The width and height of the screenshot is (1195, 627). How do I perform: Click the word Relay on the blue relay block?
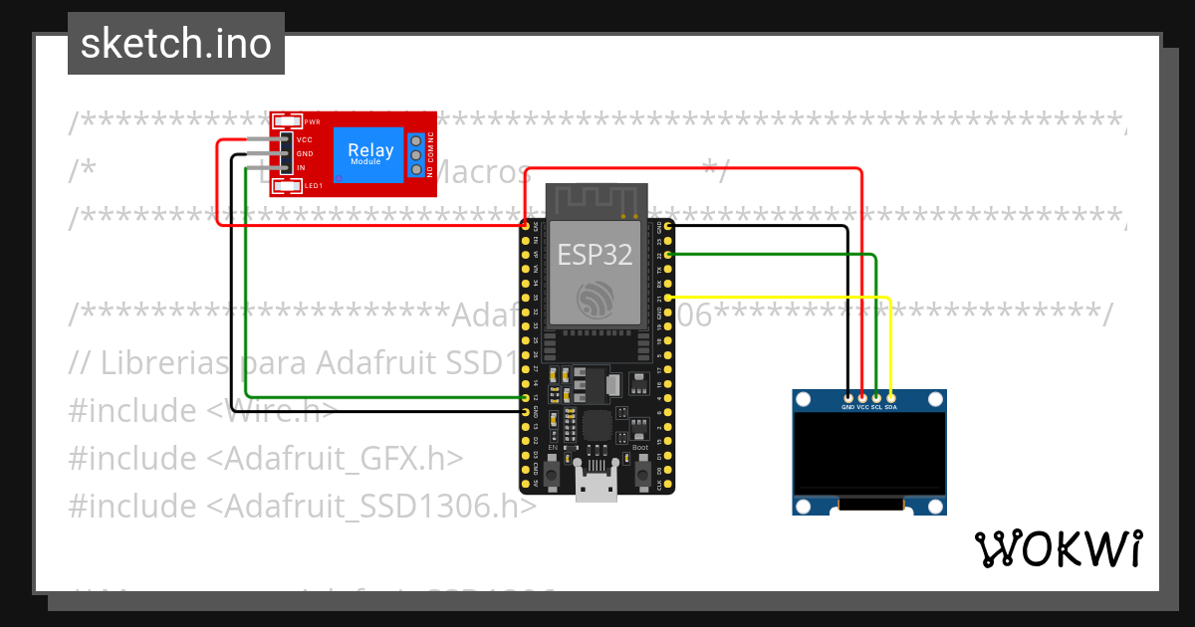point(370,151)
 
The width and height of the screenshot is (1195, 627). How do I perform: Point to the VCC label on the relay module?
point(305,140)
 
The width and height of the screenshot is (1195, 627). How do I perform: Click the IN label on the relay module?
point(301,168)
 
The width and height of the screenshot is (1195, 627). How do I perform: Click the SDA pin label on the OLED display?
point(891,407)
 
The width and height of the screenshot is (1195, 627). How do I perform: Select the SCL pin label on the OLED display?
point(877,407)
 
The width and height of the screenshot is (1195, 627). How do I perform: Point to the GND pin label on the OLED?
point(848,407)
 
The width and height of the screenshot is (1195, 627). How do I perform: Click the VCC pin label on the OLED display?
point(863,407)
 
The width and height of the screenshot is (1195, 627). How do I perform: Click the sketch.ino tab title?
point(176,44)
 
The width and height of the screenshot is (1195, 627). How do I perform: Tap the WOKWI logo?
point(1057,548)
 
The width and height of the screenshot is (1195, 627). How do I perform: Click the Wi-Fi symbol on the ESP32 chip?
point(596,299)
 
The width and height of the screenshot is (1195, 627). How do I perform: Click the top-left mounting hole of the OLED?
point(805,400)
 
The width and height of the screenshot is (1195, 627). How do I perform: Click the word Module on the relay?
point(365,161)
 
